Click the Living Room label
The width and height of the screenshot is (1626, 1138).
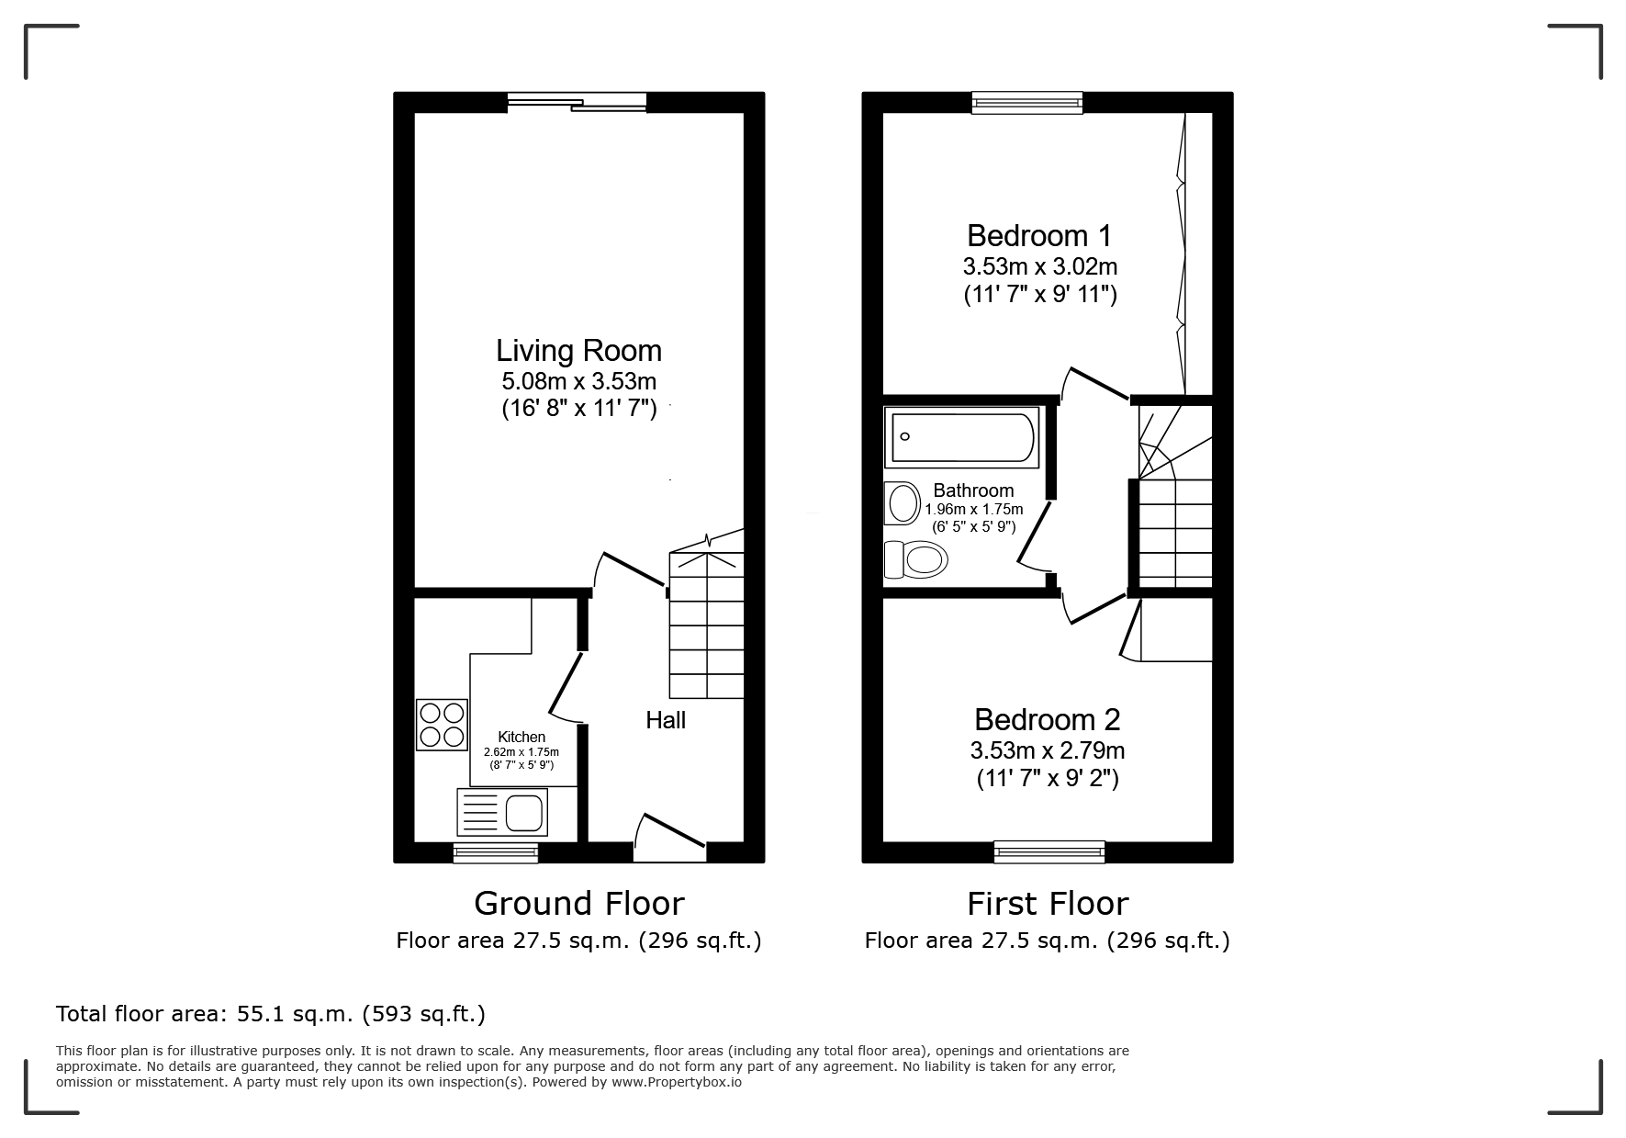(x=578, y=350)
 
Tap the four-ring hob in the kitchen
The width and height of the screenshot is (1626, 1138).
(x=442, y=724)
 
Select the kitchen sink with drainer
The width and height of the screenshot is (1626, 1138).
(x=501, y=811)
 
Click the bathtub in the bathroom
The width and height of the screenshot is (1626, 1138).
(x=962, y=437)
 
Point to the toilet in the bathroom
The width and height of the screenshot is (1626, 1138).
(x=915, y=558)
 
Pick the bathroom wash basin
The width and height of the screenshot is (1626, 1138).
(x=903, y=503)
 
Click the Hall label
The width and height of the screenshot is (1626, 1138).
(x=666, y=720)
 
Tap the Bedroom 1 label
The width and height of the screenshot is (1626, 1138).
(x=1039, y=236)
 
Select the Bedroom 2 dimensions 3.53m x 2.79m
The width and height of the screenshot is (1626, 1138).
(x=1048, y=750)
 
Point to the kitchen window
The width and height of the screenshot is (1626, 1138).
(x=496, y=853)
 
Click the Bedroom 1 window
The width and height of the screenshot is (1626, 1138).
(x=1027, y=103)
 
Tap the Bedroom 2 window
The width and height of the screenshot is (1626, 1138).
(x=1049, y=853)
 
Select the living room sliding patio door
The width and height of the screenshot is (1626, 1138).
(x=577, y=103)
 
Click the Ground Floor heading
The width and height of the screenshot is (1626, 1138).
(x=579, y=904)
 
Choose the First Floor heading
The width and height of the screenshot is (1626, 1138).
(x=1048, y=904)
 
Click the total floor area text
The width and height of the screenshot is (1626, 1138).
(x=271, y=1014)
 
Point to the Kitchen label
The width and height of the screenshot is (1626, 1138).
(x=521, y=737)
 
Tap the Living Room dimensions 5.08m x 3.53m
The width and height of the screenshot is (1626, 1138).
(x=579, y=380)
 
